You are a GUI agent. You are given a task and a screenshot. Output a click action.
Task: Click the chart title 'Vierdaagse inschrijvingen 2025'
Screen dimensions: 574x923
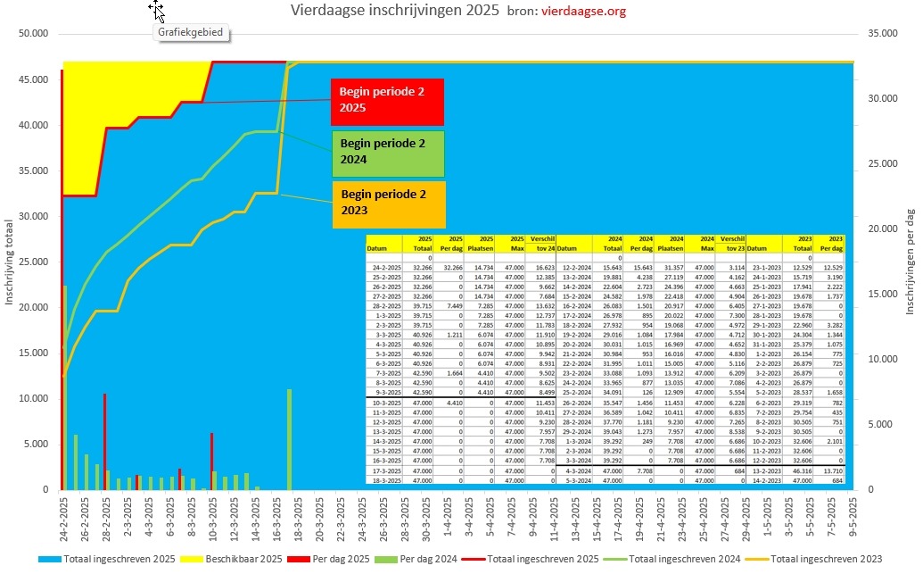(395, 12)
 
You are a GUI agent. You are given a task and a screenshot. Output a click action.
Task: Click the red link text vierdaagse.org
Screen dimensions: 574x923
(583, 12)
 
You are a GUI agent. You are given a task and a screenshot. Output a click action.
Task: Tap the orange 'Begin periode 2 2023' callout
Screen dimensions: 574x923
(387, 204)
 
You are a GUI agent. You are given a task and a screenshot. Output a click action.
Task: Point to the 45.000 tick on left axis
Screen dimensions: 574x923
(32, 79)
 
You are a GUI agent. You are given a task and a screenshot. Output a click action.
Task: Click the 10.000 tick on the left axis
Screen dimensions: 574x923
(32, 398)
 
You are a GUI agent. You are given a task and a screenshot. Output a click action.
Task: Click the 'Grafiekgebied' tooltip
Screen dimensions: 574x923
(189, 33)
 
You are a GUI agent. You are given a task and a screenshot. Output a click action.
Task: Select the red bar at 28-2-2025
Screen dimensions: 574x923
(104, 442)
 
